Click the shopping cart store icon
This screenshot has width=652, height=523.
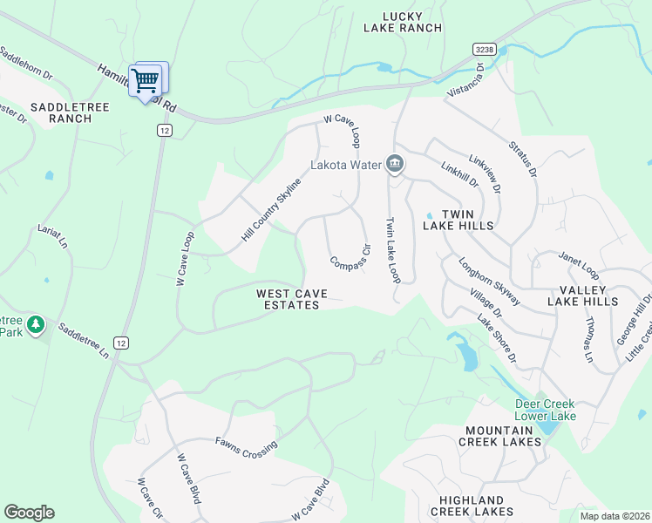coord(146,81)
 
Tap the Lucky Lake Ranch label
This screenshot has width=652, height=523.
coord(403,22)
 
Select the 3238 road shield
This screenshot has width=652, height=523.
coord(485,51)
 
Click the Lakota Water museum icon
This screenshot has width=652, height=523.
coord(394,164)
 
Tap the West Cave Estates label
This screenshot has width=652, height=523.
coord(289,299)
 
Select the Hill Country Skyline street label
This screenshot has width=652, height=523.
coord(271,209)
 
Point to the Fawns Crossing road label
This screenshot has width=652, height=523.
coord(247,446)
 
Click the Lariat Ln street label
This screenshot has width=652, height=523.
coord(52,236)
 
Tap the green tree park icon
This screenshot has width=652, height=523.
coord(36,325)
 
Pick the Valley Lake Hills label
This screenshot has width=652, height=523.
coord(583,295)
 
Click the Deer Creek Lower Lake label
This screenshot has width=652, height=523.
coord(546,410)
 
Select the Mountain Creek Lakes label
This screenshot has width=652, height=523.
coord(501,436)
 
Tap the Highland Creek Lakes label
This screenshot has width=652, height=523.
coord(472,505)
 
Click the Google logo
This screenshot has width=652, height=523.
coord(30,513)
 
